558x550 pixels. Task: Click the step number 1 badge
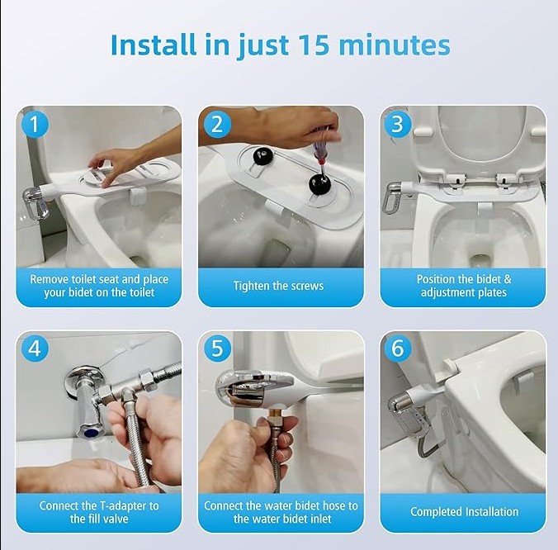[x=35, y=125]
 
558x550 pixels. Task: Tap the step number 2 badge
[x=216, y=125]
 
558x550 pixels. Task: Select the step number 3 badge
[x=398, y=125]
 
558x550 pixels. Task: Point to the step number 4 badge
[x=35, y=349]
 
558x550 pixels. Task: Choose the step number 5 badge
[x=216, y=349]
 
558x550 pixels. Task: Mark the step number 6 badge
[x=398, y=349]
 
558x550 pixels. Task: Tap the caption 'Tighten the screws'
[x=281, y=286]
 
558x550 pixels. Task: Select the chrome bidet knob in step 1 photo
[x=35, y=202]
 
